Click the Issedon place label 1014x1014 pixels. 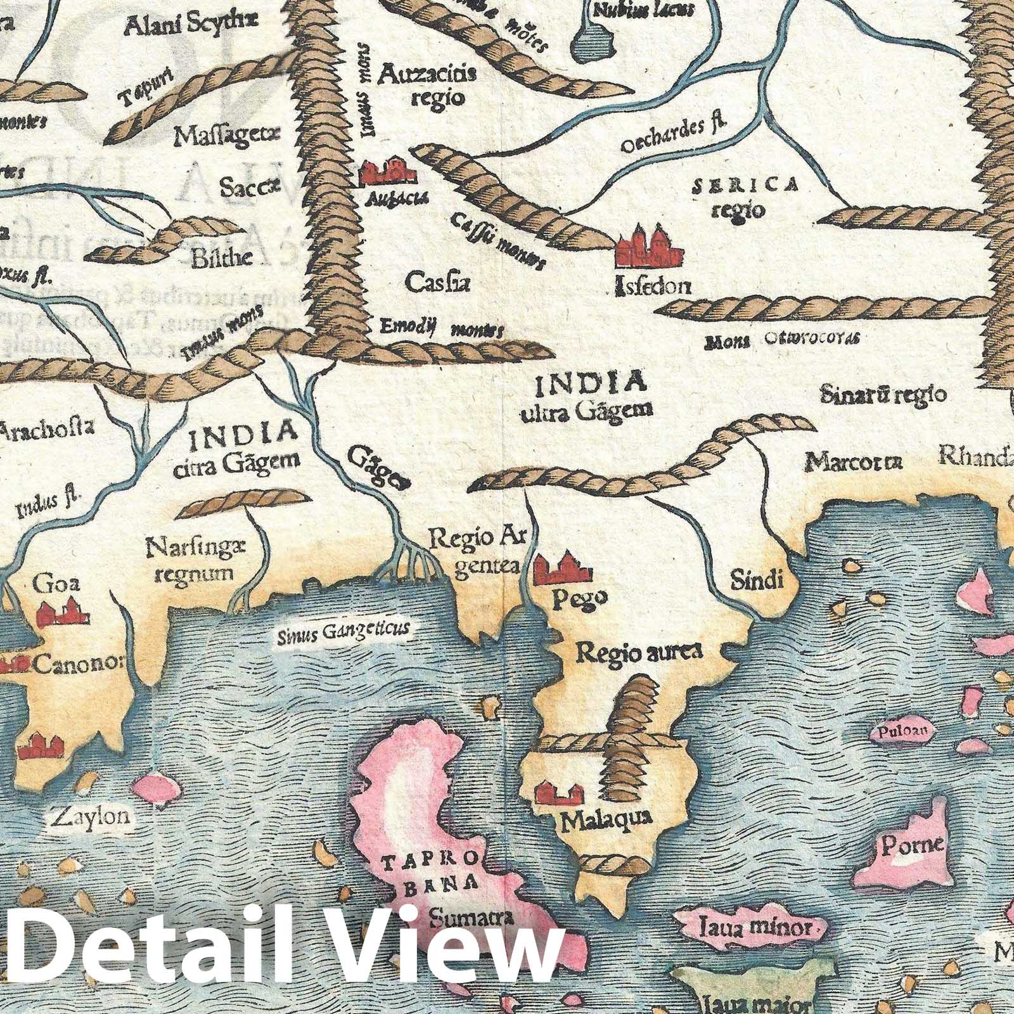653,286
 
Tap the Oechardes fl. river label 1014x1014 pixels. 673,136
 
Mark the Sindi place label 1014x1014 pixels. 757,579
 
